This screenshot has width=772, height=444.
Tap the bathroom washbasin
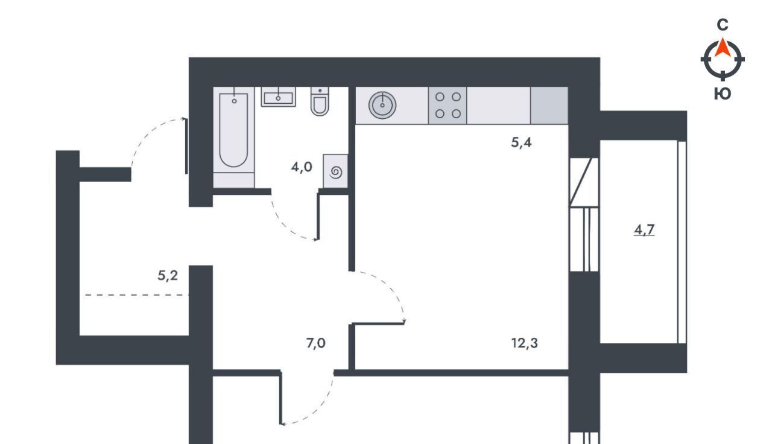pos(278,97)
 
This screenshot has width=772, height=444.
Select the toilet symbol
pos(320,101)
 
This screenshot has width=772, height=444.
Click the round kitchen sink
pos(382,105)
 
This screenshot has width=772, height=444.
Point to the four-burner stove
pos(448,106)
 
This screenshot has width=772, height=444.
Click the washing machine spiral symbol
pos(336,172)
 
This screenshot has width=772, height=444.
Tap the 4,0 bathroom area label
pos(302,167)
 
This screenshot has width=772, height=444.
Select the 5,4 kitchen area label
pos(521,142)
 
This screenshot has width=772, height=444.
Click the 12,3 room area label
pos(524,343)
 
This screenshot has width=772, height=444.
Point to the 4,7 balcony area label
pos(644,230)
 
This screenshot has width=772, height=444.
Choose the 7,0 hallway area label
pos(315,343)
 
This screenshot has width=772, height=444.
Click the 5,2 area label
pos(168,276)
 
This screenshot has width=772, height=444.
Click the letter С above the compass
pos(723,25)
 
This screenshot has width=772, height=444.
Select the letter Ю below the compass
pos(723,94)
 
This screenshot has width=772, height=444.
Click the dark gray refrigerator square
pos(549,106)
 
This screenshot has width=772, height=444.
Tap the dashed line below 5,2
pos(136,296)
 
